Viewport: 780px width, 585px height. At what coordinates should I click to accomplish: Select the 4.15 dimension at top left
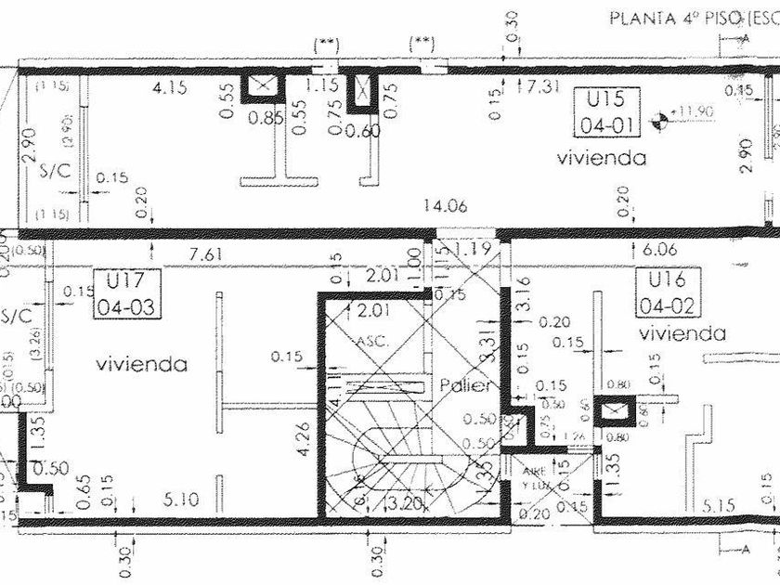171,88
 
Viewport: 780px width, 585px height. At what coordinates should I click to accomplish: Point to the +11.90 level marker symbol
661,116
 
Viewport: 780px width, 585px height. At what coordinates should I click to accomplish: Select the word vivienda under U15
601,158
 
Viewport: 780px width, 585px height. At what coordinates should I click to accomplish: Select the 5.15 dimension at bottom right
719,506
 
